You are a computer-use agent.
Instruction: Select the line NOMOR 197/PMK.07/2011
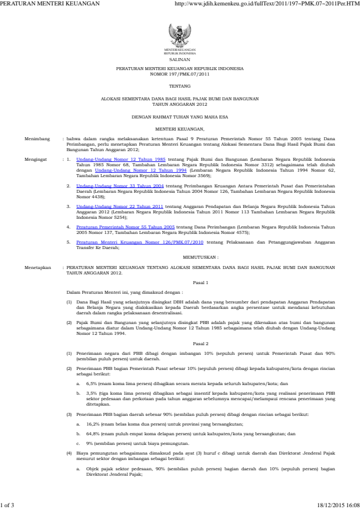pyautogui.click(x=180, y=74)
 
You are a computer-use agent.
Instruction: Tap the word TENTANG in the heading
pyautogui.click(x=180, y=86)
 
